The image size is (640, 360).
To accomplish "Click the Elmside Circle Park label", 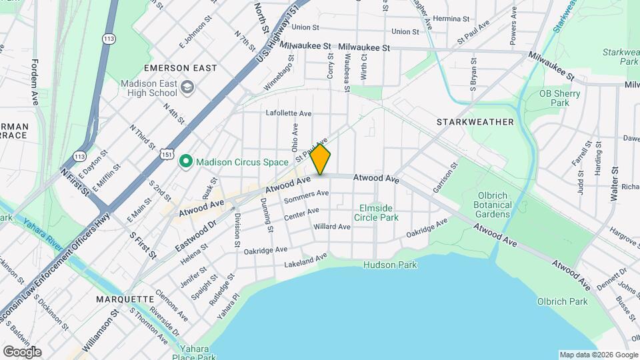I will tap(379, 212).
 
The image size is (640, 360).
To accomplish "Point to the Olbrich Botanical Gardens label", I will tap(493, 205).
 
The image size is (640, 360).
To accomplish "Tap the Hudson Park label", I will tap(390, 265).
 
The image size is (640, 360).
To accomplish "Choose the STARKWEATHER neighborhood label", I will tap(475, 122).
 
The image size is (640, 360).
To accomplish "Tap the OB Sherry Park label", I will tap(559, 98).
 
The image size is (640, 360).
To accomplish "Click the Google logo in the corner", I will tap(22, 351).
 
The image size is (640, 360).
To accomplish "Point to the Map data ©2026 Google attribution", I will tap(597, 355).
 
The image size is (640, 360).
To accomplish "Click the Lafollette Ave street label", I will tap(288, 113).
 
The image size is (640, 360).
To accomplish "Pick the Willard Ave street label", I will tap(332, 227).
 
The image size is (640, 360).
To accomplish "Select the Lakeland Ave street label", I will tap(305, 260).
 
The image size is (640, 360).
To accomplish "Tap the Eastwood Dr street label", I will tap(198, 231).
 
